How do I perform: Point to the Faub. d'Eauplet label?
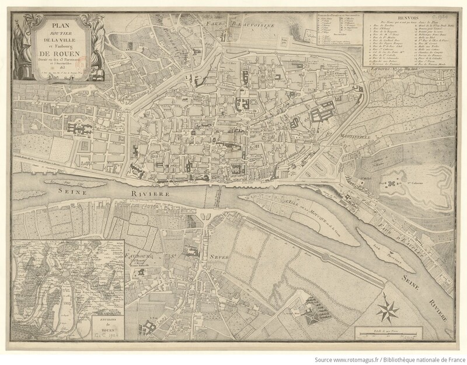pos(398,230)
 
